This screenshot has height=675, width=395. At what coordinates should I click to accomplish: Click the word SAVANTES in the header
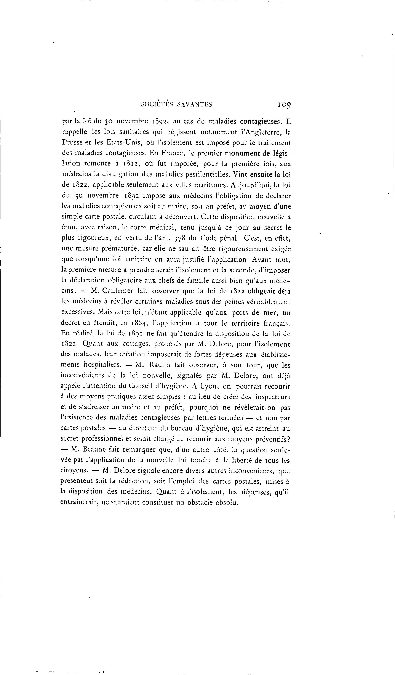[x=195, y=104]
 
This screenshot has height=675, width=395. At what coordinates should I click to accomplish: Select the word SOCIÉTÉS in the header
[x=157, y=104]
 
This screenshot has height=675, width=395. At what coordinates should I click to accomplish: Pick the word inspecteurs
[x=272, y=397]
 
